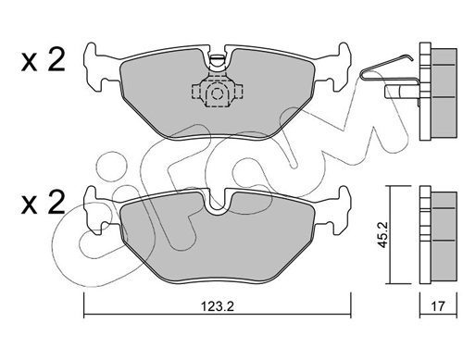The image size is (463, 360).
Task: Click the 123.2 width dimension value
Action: point(218,306)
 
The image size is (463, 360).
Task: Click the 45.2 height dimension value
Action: point(383,235)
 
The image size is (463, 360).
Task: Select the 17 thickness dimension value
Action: point(438,306)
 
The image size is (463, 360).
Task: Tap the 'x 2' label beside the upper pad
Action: point(44,61)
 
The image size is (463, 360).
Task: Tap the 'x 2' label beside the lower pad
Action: point(44,202)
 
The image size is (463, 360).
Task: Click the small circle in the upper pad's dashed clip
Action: point(218,93)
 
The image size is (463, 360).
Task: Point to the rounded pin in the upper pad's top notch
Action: point(217,59)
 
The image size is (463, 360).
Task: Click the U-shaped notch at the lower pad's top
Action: point(218,202)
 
